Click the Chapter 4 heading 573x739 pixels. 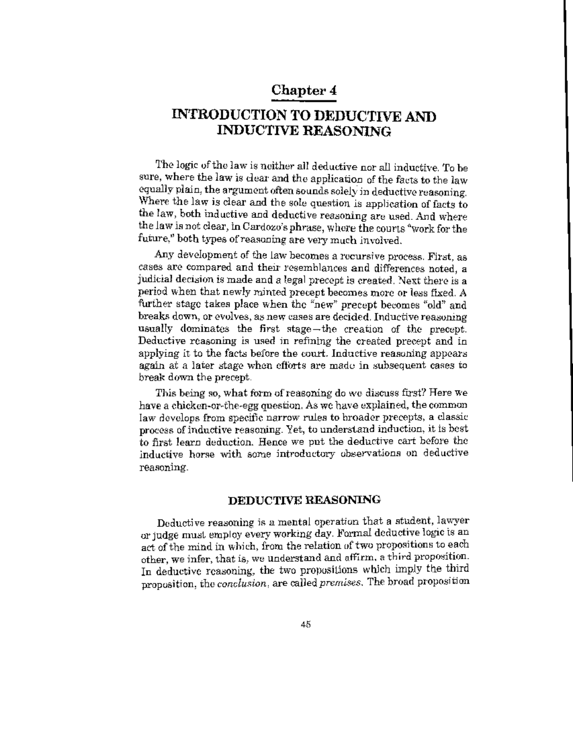(304, 90)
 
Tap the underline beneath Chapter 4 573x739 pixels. (304, 100)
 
